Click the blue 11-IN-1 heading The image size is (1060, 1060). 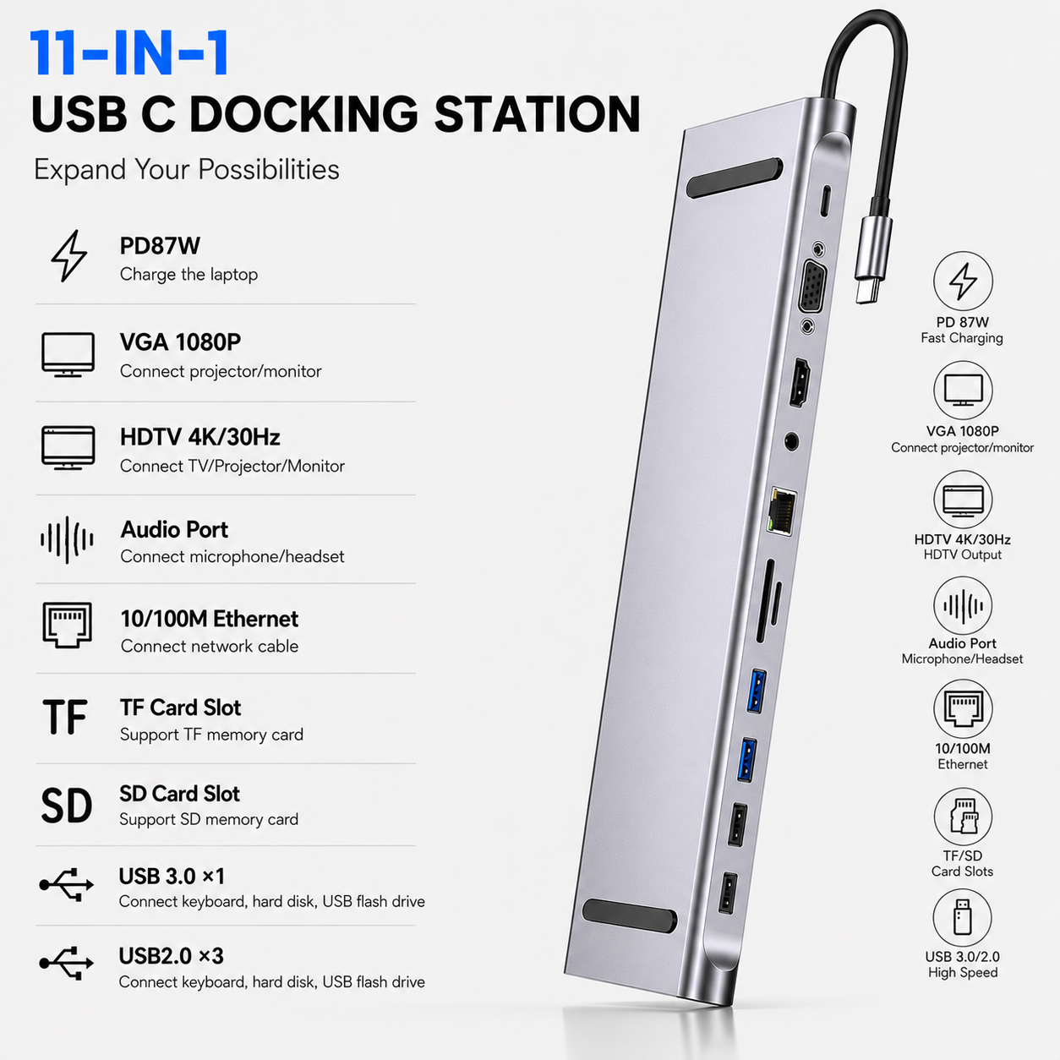pyautogui.click(x=130, y=53)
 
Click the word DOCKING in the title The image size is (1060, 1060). pyautogui.click(x=303, y=114)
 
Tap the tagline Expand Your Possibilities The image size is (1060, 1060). pyautogui.click(x=187, y=169)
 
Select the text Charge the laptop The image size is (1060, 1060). pyautogui.click(x=189, y=274)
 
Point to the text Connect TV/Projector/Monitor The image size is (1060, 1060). pyautogui.click(x=232, y=466)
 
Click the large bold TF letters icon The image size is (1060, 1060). pyautogui.click(x=65, y=717)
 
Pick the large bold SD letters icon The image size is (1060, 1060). pyautogui.click(x=67, y=806)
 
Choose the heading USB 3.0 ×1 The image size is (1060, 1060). pyautogui.click(x=172, y=877)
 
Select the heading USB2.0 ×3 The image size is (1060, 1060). pyautogui.click(x=171, y=956)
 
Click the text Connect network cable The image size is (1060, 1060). pyautogui.click(x=210, y=646)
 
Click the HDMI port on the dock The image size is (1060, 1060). pyautogui.click(x=800, y=382)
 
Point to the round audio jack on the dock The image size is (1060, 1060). pyautogui.click(x=791, y=442)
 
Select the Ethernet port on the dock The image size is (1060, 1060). pyautogui.click(x=782, y=510)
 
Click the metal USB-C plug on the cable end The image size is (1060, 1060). pyautogui.click(x=872, y=260)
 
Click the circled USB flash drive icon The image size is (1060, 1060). pyautogui.click(x=963, y=917)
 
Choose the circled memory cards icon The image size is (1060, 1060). pyautogui.click(x=963, y=817)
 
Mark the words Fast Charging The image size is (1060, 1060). pyautogui.click(x=962, y=338)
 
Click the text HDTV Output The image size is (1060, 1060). pyautogui.click(x=963, y=555)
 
